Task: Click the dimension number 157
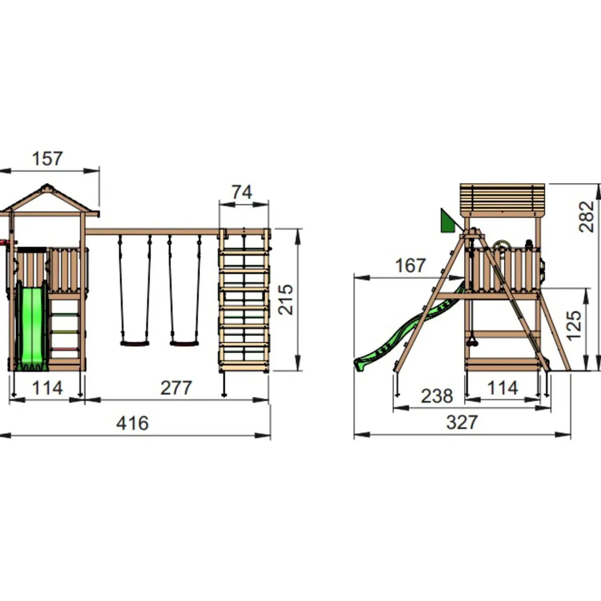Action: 47,159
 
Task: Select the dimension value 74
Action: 242,192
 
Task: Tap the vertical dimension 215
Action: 286,300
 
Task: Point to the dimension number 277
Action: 176,388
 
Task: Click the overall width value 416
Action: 132,423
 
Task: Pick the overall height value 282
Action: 587,217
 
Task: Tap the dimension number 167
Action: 410,266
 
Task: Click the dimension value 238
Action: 437,396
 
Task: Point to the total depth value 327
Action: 462,422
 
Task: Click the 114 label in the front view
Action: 47,388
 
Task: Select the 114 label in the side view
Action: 502,388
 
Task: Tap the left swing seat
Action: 135,343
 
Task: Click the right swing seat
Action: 184,343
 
